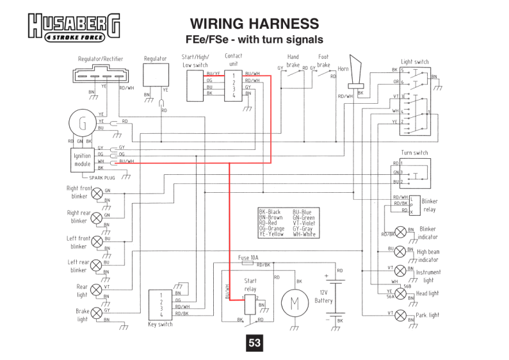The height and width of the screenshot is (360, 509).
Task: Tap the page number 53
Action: coord(255,343)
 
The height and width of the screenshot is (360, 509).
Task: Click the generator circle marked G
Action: coord(82,122)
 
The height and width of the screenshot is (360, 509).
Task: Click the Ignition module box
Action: coord(83,158)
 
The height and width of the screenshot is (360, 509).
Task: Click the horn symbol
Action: coord(355,76)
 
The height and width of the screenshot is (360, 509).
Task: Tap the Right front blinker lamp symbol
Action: coord(97,193)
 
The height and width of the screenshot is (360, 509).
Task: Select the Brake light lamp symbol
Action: coord(97,313)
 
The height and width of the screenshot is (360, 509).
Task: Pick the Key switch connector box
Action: coord(161,305)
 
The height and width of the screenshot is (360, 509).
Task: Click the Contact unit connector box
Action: coord(233,86)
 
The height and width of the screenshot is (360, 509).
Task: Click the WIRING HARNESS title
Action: coord(254,24)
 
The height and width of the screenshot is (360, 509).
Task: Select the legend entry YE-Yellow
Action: coord(271,234)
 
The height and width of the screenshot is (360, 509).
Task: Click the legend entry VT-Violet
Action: coord(305,223)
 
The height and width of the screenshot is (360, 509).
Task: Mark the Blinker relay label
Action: coord(428,205)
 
